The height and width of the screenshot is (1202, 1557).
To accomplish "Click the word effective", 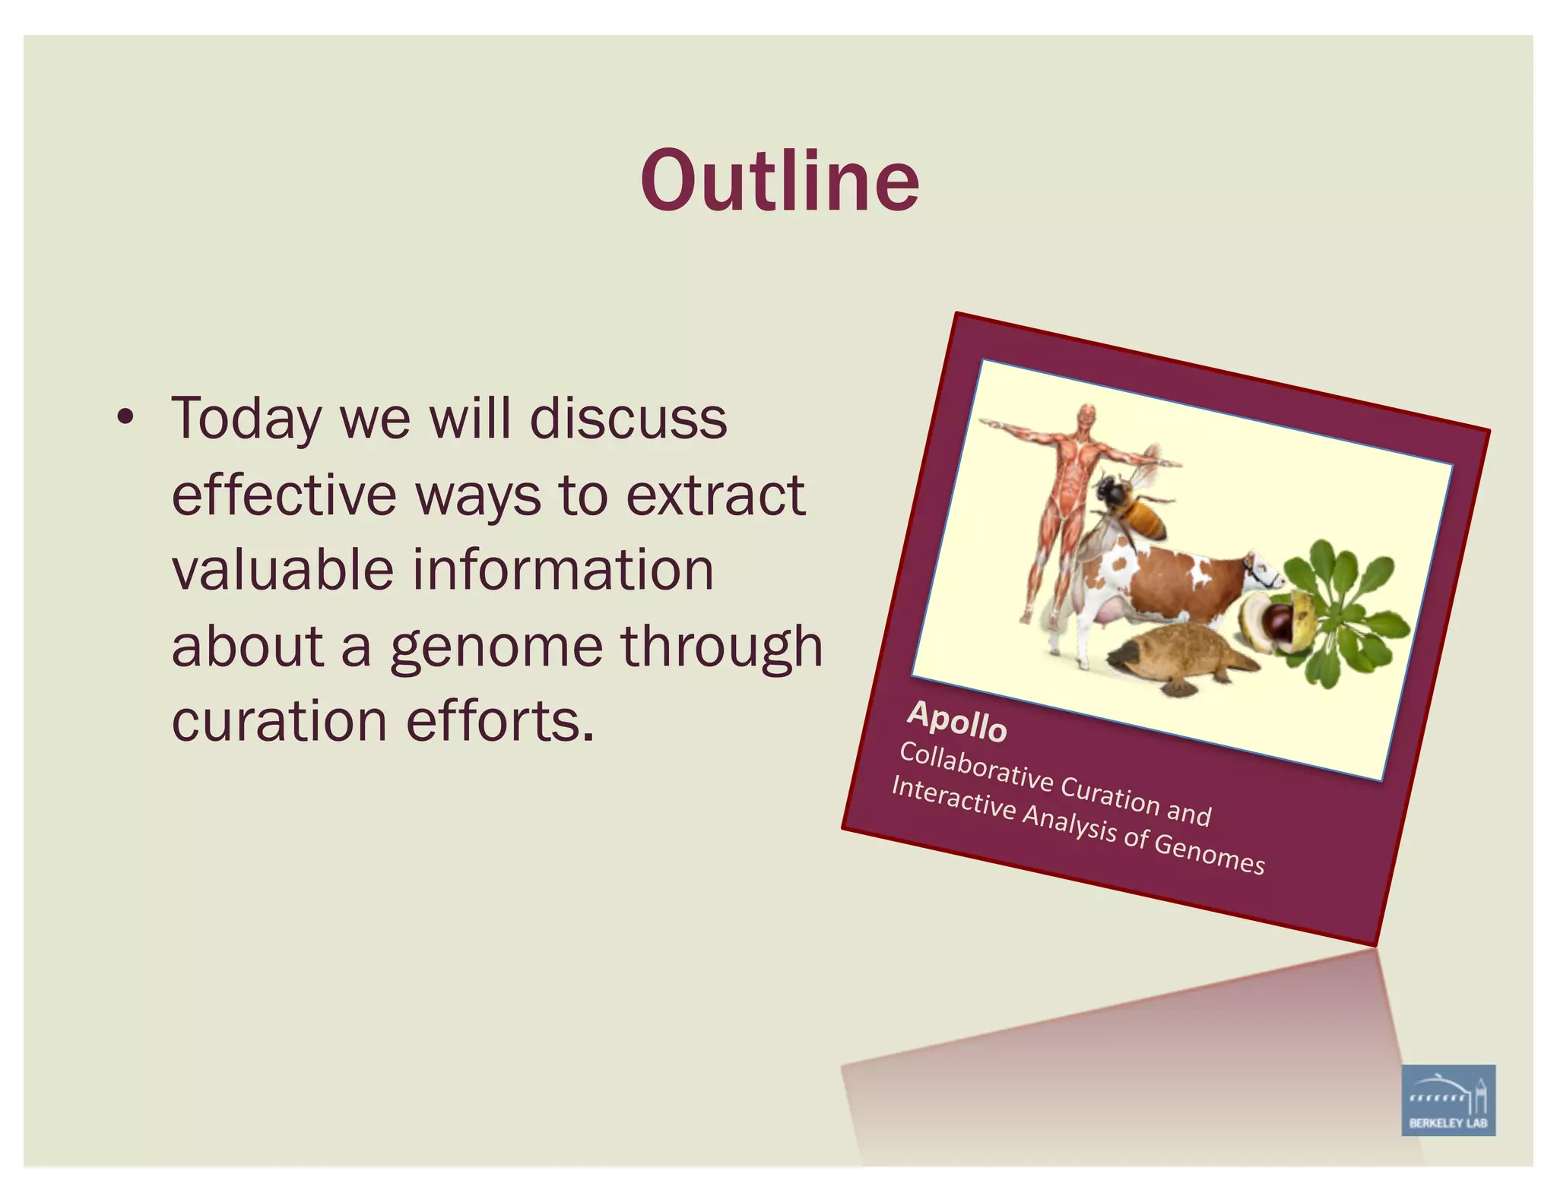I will pyautogui.click(x=284, y=495).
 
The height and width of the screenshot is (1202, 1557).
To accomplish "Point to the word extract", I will pyautogui.click(x=715, y=495).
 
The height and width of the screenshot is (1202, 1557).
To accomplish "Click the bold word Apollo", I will pyautogui.click(x=957, y=722).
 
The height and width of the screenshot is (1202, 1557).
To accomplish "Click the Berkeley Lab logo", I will pyautogui.click(x=1448, y=1099).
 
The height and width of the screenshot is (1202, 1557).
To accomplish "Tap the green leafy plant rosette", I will pyautogui.click(x=1346, y=608).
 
